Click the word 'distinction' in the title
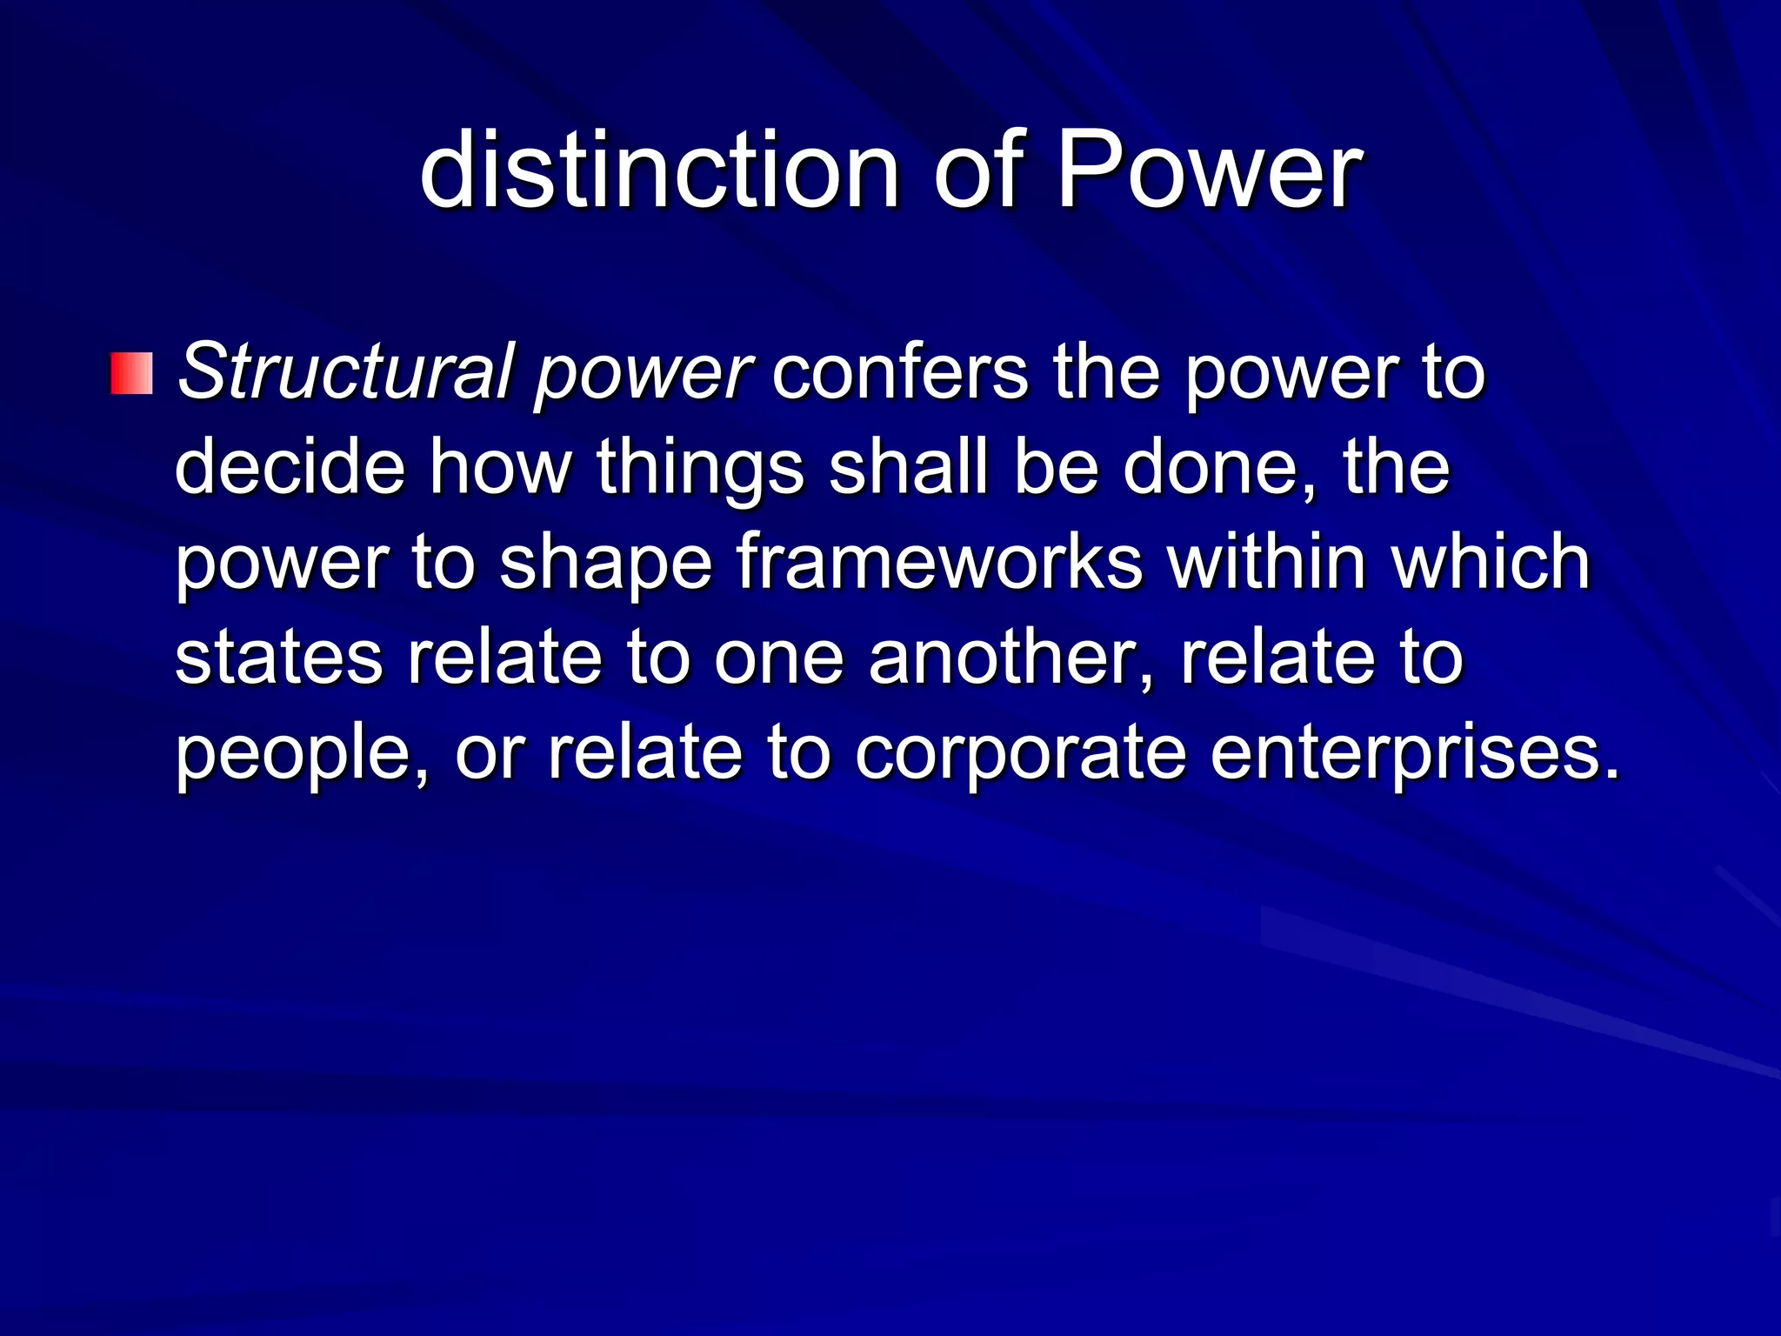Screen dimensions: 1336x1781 coord(658,170)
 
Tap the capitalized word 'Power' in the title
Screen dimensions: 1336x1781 coord(1208,170)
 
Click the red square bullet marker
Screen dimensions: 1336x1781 coord(132,374)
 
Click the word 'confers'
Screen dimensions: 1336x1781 coord(899,372)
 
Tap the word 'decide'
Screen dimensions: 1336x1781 coord(290,467)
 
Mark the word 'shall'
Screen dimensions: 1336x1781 coord(908,467)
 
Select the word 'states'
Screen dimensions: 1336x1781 coord(278,658)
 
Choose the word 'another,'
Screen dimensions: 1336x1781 coord(1011,658)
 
